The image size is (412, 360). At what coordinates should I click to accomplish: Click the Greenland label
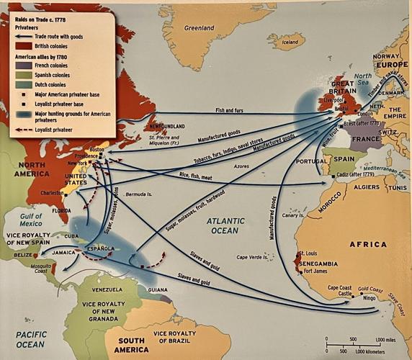click(200, 28)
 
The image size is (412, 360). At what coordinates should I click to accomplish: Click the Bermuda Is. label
click(139, 194)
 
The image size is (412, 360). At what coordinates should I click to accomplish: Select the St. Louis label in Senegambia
click(306, 253)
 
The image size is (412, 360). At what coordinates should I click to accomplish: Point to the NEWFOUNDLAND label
click(167, 125)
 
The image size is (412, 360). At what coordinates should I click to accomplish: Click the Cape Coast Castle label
click(340, 291)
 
